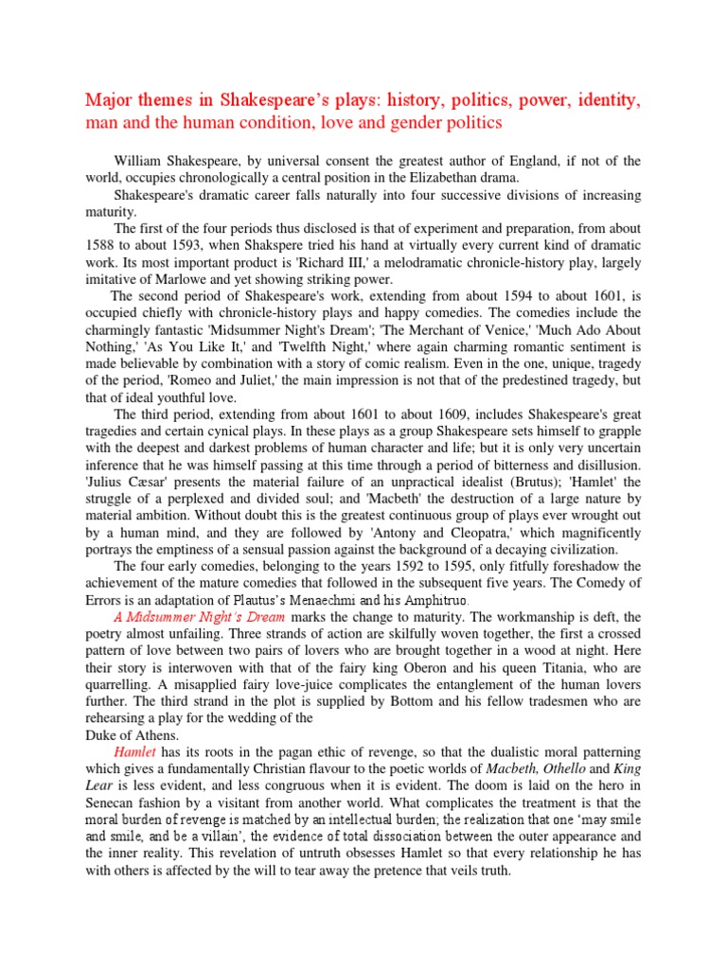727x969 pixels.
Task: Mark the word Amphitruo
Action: pyautogui.click(x=437, y=601)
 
